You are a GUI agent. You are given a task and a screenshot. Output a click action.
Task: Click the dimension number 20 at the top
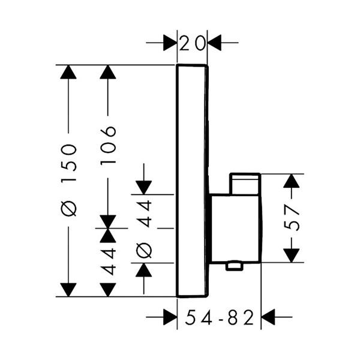point(193,43)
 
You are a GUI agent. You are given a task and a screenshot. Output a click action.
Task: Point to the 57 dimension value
point(292,218)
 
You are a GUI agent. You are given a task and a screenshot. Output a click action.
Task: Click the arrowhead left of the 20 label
point(169,43)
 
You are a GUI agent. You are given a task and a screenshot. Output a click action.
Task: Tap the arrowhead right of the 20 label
point(215,43)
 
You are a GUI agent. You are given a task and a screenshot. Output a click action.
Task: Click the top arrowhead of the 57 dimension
point(292,182)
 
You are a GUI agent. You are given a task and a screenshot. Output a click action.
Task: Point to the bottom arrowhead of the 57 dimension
point(292,254)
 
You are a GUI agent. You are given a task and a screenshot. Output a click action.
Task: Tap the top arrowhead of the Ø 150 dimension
point(70,73)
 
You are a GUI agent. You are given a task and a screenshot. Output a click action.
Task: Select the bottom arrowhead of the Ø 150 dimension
point(70,289)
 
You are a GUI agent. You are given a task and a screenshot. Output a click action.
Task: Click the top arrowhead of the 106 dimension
point(108,73)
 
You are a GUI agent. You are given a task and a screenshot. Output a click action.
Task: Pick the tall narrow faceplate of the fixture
point(192,180)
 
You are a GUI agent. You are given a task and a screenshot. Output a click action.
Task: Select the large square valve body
point(235,228)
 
